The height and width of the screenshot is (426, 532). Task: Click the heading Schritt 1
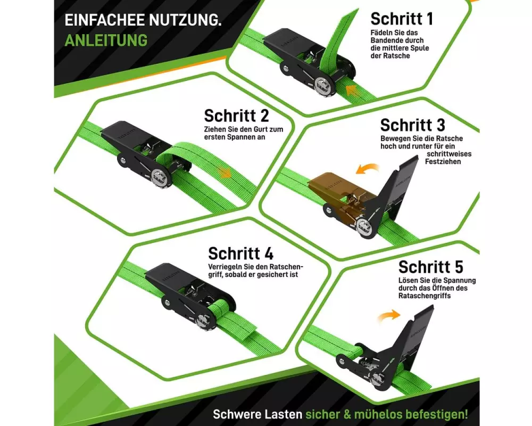402,19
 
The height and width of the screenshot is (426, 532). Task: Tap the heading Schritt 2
237,116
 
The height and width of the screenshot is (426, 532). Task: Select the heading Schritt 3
413,125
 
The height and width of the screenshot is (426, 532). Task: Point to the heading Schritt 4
241,253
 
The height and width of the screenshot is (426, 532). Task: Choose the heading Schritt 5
431,267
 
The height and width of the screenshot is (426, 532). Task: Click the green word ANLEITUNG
106,40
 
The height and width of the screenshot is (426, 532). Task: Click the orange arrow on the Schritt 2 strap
225,172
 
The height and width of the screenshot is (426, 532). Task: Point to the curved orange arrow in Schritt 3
367,168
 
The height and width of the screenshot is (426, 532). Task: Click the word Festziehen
443,162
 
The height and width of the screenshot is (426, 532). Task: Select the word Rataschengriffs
425,296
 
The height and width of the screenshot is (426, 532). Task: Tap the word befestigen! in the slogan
437,414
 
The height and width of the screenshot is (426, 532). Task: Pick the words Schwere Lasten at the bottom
257,414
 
